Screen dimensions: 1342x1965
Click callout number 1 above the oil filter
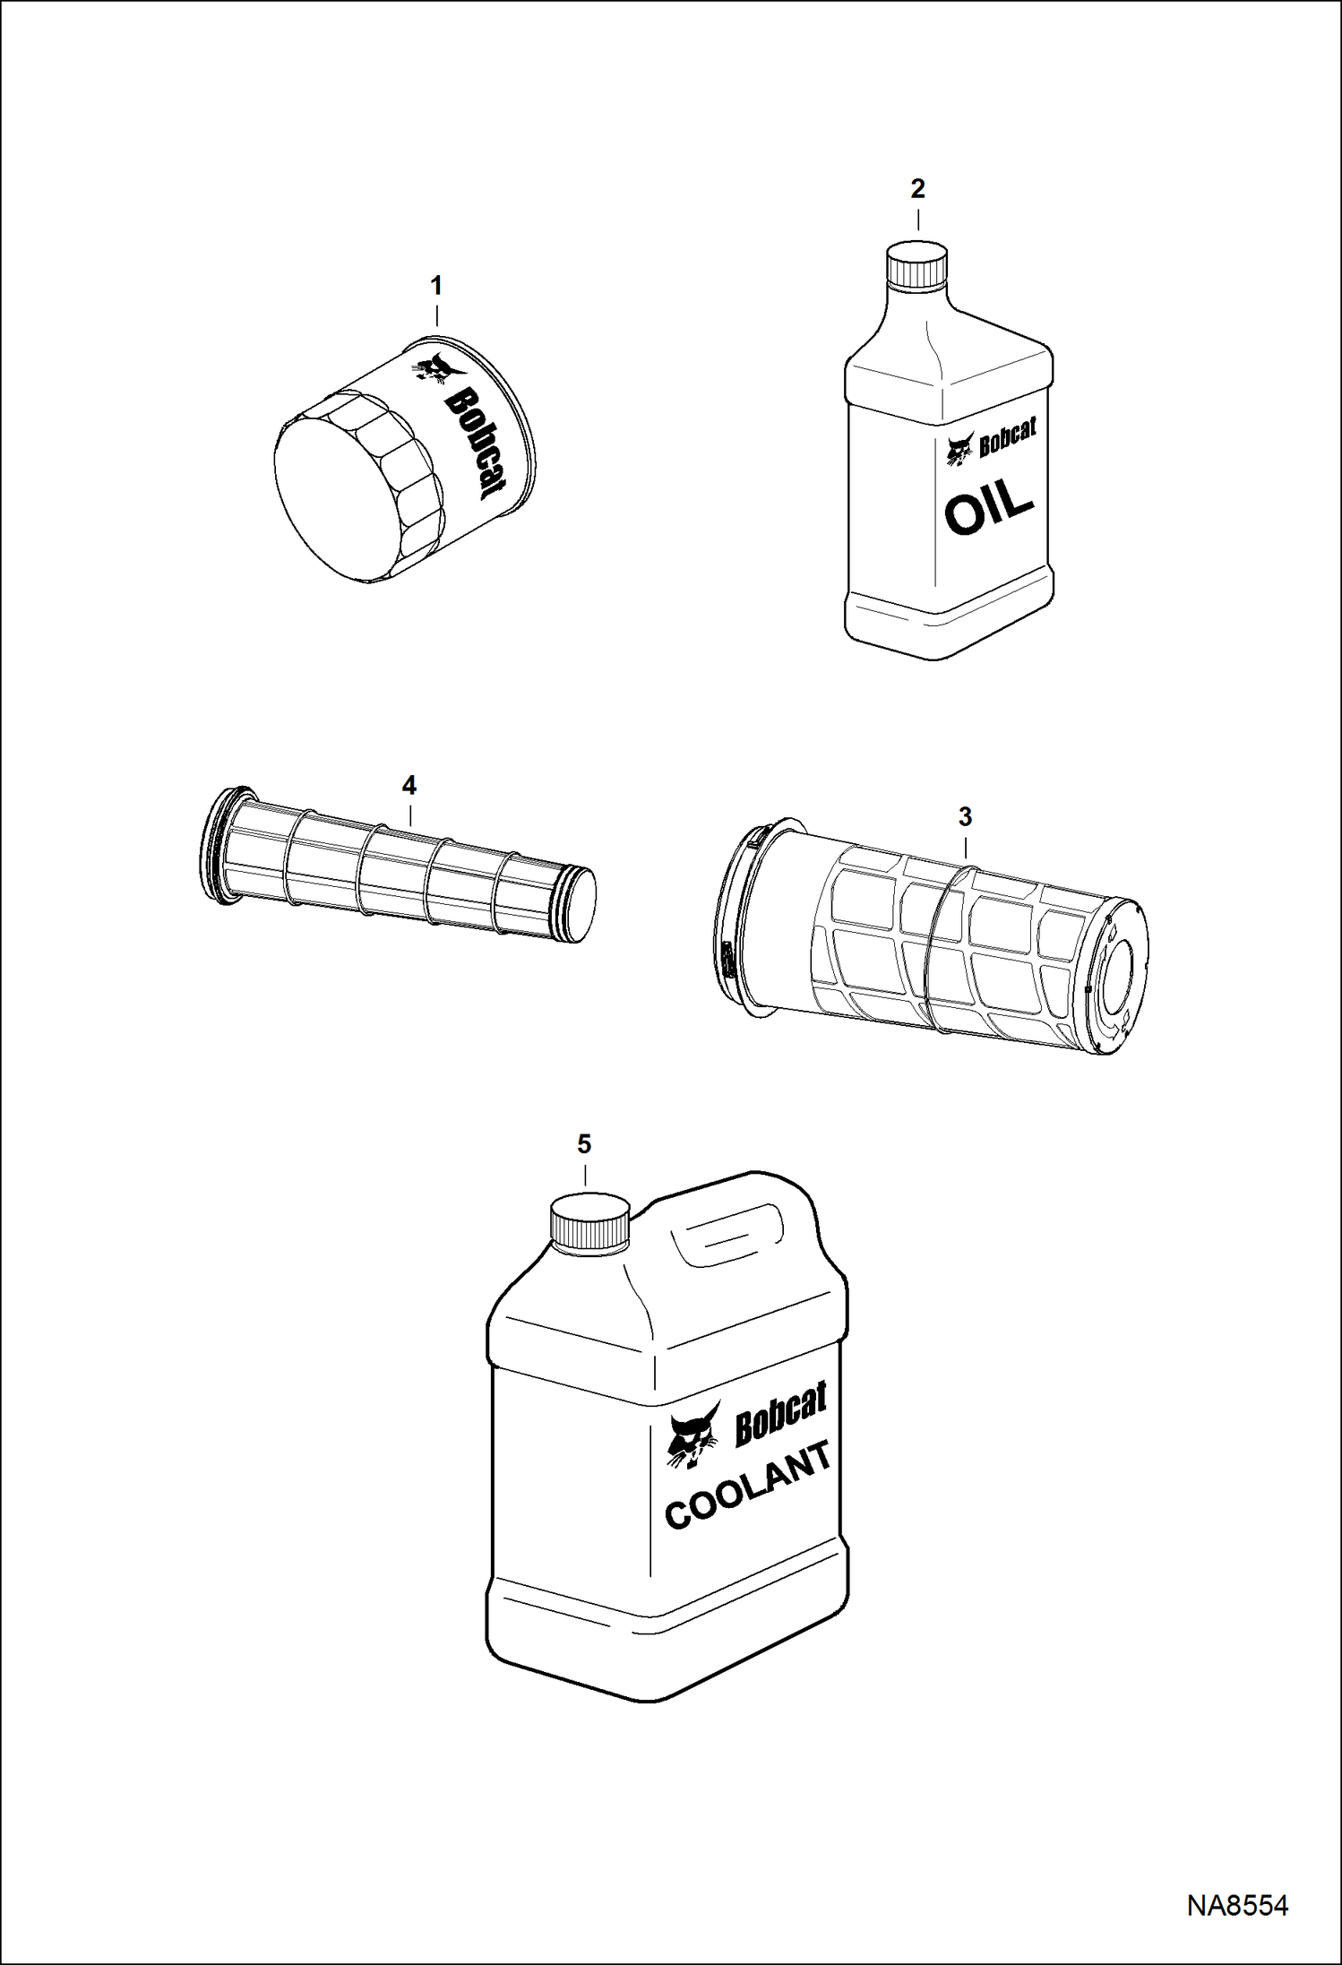(436, 286)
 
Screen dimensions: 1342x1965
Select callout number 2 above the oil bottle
(917, 189)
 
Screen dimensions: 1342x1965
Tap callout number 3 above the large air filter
(965, 817)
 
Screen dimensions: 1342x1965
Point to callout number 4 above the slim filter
(409, 786)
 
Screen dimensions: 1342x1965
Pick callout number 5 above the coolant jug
(584, 1144)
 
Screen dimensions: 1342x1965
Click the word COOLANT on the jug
(749, 1488)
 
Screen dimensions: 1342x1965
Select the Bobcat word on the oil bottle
(1008, 436)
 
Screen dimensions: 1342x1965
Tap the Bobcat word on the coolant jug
(779, 1417)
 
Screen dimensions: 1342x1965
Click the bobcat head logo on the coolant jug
(693, 1437)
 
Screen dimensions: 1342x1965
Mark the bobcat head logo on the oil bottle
(960, 449)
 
